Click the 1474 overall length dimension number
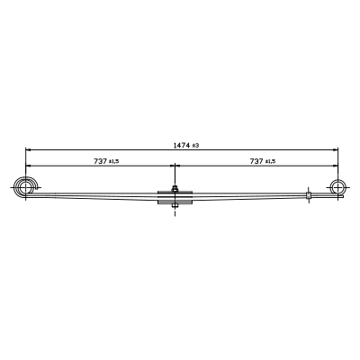pyautogui.click(x=182, y=146)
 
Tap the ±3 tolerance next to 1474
pyautogui.click(x=195, y=146)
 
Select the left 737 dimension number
pyautogui.click(x=100, y=161)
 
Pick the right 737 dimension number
pyautogui.click(x=256, y=161)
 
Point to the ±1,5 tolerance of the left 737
pyautogui.click(x=113, y=161)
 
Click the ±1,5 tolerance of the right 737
pyautogui.click(x=270, y=161)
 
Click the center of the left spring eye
pyautogui.click(x=25, y=188)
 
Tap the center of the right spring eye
pyautogui.click(x=337, y=187)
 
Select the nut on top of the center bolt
pyautogui.click(x=175, y=189)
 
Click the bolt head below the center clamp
pyautogui.click(x=175, y=206)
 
